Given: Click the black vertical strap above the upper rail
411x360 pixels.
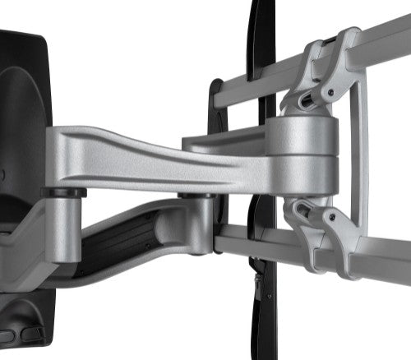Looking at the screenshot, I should tap(261, 33).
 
